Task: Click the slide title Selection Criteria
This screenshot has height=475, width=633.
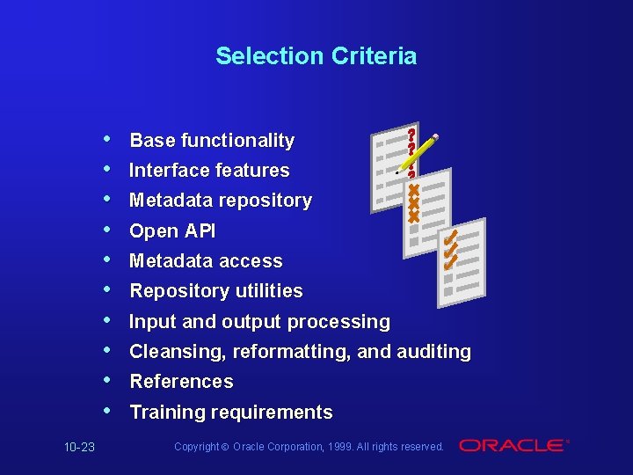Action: coord(316,56)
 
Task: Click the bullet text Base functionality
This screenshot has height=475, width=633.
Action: coord(212,141)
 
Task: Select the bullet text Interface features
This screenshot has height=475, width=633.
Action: coord(209,171)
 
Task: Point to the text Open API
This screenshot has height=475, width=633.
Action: coord(172,231)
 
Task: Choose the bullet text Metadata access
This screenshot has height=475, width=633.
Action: coord(206,261)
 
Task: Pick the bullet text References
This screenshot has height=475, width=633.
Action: coord(181,382)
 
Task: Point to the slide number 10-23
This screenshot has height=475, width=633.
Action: coord(79,448)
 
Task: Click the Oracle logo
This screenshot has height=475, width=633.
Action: coord(513,446)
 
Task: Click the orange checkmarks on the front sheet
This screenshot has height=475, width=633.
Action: coord(450,250)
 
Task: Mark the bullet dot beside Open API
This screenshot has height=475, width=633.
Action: coord(106,230)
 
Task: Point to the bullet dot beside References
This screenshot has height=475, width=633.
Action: coord(106,381)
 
